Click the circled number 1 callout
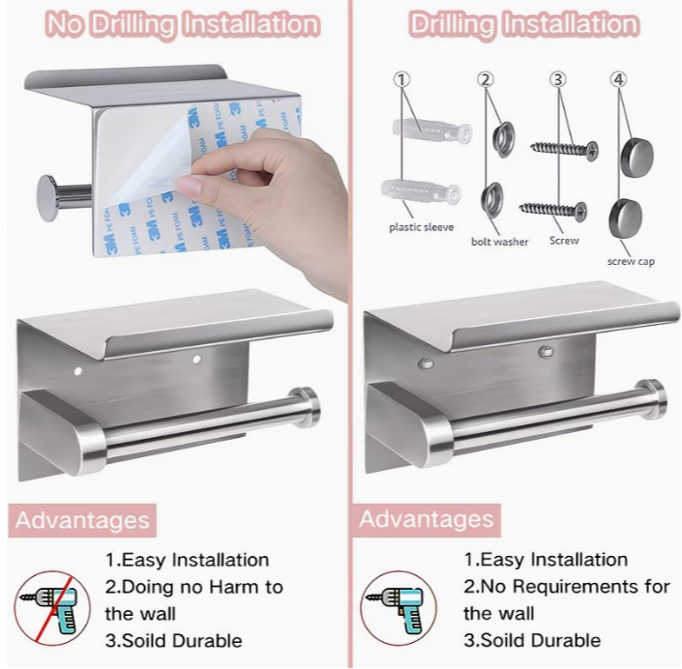tap(401, 79)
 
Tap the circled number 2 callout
tap(486, 79)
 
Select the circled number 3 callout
tap(558, 79)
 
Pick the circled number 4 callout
tap(618, 79)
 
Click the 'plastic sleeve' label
tap(421, 227)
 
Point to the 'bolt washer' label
tap(500, 242)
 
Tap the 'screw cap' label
tap(631, 261)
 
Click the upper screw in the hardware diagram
tap(564, 150)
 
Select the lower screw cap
tap(625, 218)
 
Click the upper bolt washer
tap(504, 139)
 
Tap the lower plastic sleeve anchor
tap(421, 192)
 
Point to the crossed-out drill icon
tap(52, 608)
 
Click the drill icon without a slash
tap(398, 608)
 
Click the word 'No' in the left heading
tap(65, 24)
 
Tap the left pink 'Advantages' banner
tap(82, 520)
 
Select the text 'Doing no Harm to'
tap(194, 587)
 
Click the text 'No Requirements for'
tap(567, 587)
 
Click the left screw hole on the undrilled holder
tap(78, 371)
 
